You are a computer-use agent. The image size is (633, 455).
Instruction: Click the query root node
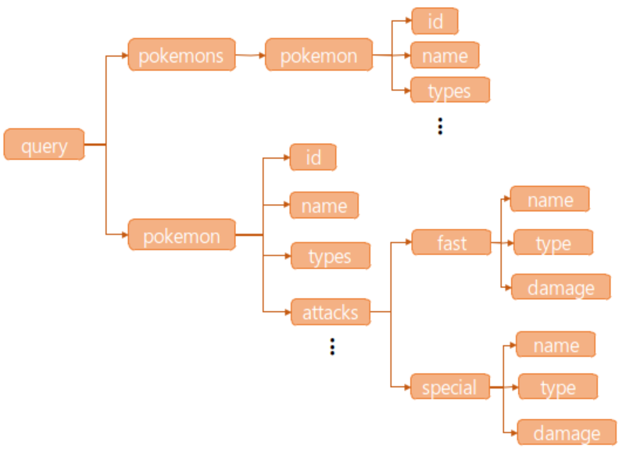(44, 145)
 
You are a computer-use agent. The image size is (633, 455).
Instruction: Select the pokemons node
(181, 56)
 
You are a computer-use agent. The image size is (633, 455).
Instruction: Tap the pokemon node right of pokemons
(318, 56)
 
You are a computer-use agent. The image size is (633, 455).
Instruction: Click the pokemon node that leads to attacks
(181, 235)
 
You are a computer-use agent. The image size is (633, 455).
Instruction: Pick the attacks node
(330, 313)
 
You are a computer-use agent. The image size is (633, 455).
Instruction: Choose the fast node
(451, 242)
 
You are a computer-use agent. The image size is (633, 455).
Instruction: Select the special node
(450, 387)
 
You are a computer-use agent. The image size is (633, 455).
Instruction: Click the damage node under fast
(560, 288)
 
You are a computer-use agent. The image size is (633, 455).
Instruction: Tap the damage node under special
(567, 433)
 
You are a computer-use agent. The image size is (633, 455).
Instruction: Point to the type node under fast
(553, 243)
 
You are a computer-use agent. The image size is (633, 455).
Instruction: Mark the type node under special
(558, 387)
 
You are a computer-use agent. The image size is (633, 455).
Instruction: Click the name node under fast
(549, 199)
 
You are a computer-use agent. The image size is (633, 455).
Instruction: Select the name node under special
(556, 345)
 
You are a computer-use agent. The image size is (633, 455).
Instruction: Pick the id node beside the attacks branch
(313, 157)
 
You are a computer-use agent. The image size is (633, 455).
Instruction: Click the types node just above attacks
(329, 256)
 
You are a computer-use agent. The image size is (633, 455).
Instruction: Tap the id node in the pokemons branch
(435, 21)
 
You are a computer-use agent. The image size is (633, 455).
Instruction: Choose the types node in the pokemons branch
(449, 91)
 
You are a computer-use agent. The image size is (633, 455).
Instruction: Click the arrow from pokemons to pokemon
(250, 56)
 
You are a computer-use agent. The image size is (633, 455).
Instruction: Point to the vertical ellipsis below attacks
(332, 346)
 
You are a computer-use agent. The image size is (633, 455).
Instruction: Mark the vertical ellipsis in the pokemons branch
(441, 126)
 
